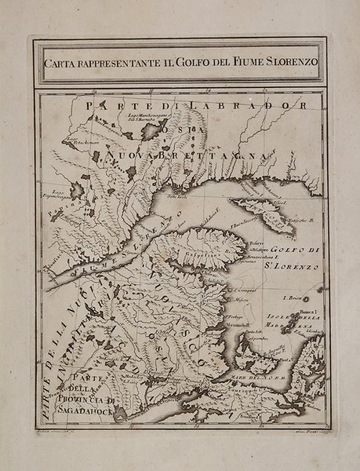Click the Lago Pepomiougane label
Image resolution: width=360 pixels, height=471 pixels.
(60, 191)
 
